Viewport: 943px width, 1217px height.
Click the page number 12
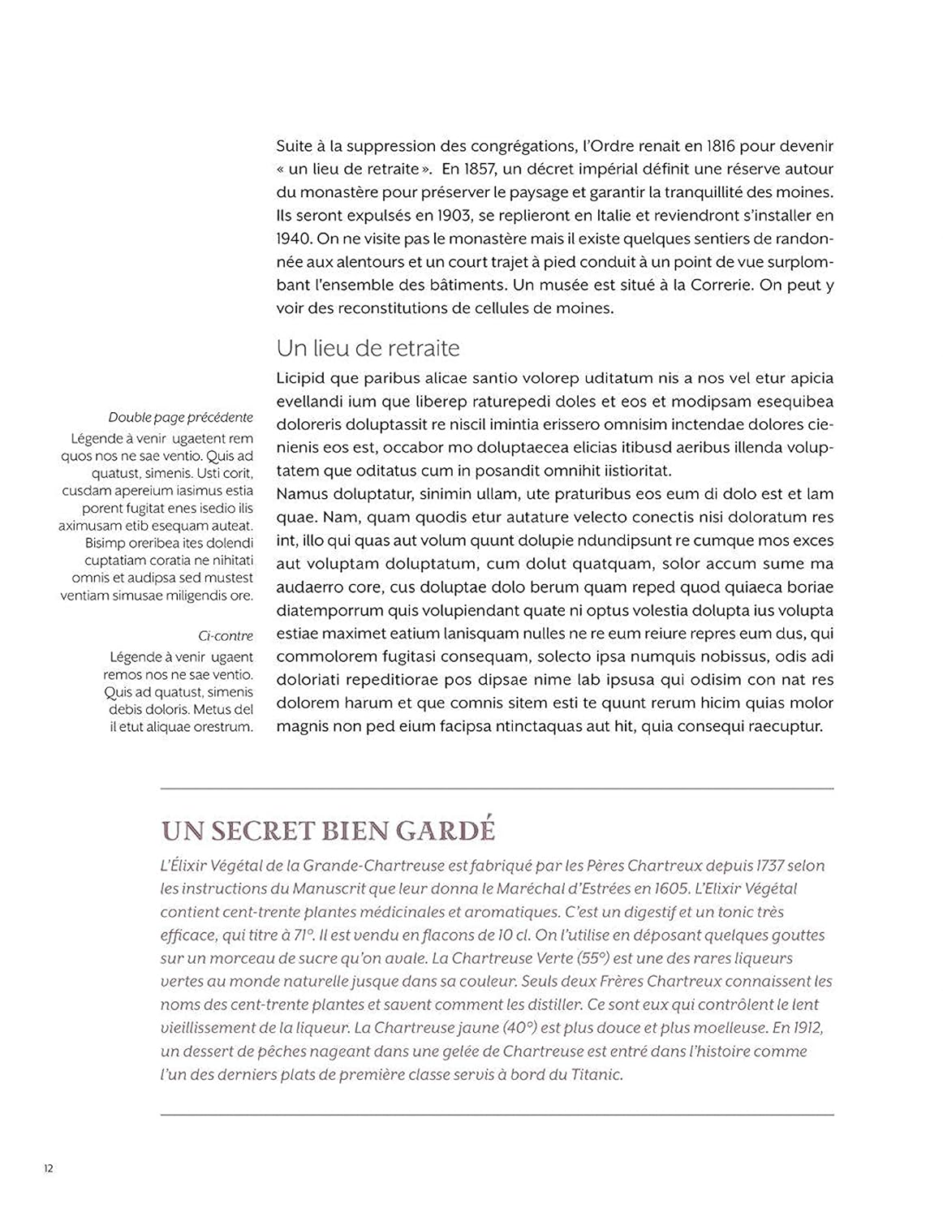[x=48, y=1168]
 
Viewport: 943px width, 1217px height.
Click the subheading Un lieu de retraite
[x=368, y=348]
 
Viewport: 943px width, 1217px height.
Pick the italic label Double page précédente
[x=180, y=418]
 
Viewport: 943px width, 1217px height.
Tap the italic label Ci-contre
[x=226, y=636]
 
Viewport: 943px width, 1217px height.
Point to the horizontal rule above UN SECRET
[x=497, y=788]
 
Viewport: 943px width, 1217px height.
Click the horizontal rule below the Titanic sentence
[x=497, y=1115]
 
